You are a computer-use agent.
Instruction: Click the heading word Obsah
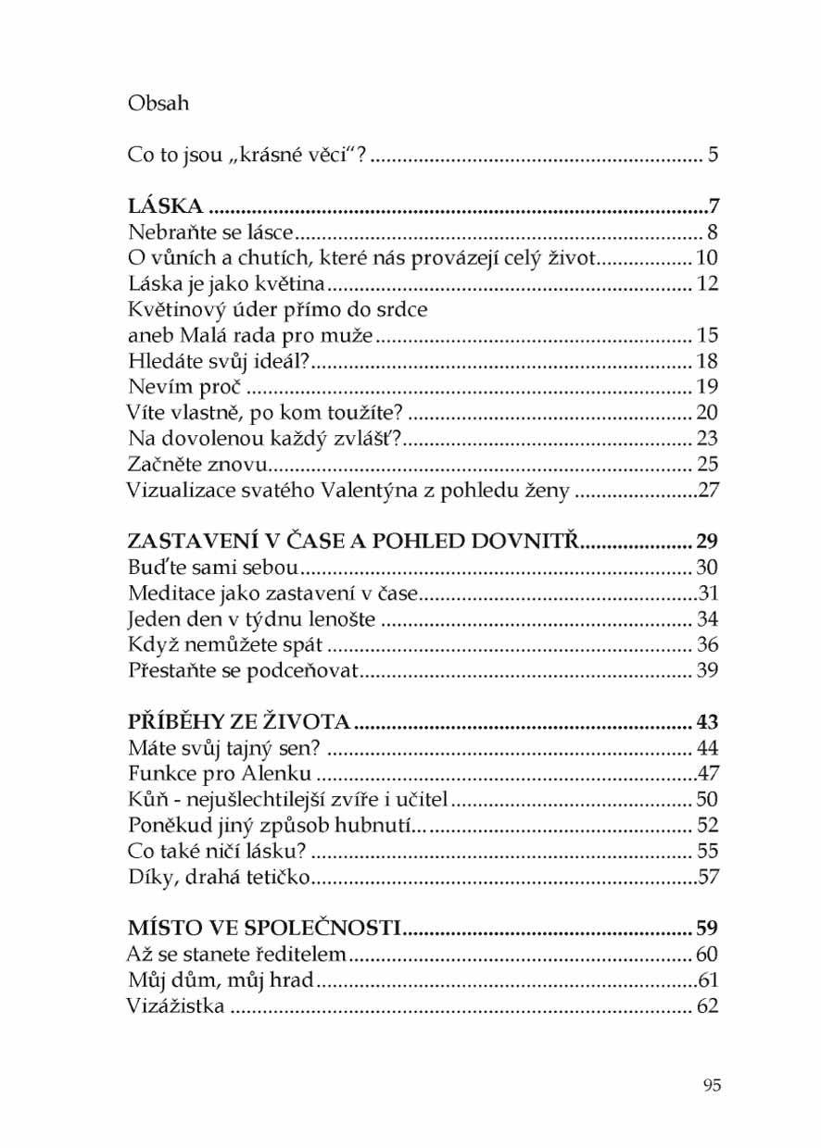click(158, 103)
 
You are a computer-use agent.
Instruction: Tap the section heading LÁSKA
click(165, 206)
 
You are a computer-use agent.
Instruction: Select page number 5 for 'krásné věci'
click(714, 155)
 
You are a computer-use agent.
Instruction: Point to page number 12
click(708, 283)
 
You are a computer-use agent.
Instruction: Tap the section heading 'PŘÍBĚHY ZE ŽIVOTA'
click(238, 721)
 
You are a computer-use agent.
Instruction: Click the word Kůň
click(144, 799)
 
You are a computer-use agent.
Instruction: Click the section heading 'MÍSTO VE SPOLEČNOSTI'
click(263, 928)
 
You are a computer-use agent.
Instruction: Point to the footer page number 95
click(711, 1085)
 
